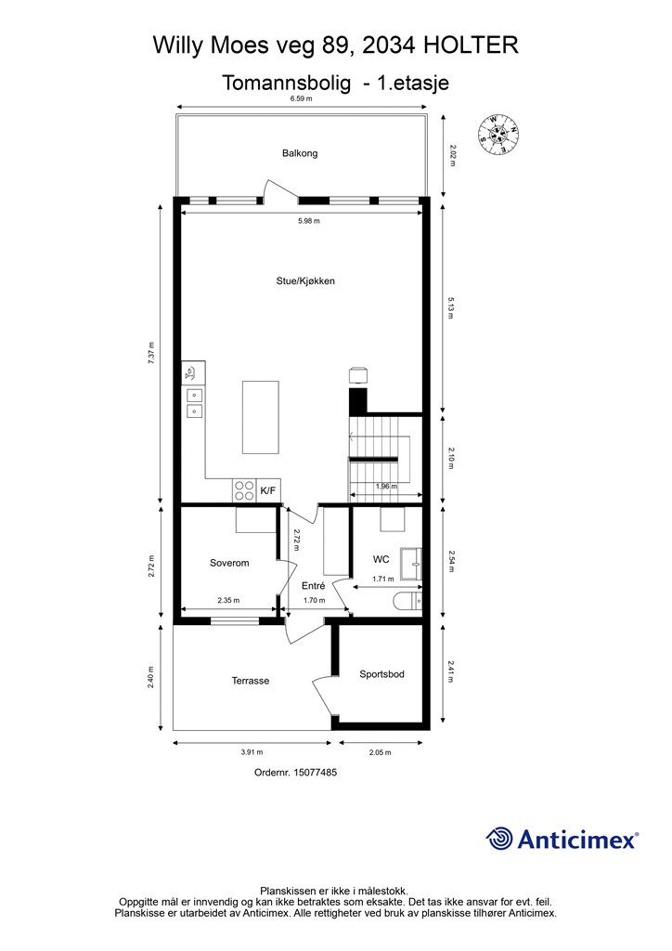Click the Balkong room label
click(x=300, y=153)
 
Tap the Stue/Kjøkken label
click(x=305, y=280)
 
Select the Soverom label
click(x=229, y=563)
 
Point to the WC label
click(x=381, y=559)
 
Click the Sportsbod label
click(x=381, y=674)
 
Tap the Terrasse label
click(x=251, y=681)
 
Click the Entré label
click(x=314, y=586)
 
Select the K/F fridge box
click(x=269, y=490)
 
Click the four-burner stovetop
click(x=244, y=490)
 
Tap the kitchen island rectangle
click(x=261, y=417)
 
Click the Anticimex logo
click(x=562, y=839)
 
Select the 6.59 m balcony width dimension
click(x=301, y=98)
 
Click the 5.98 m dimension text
click(x=309, y=221)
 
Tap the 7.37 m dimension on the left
click(x=151, y=353)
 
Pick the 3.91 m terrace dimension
click(x=252, y=752)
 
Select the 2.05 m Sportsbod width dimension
click(x=381, y=752)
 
